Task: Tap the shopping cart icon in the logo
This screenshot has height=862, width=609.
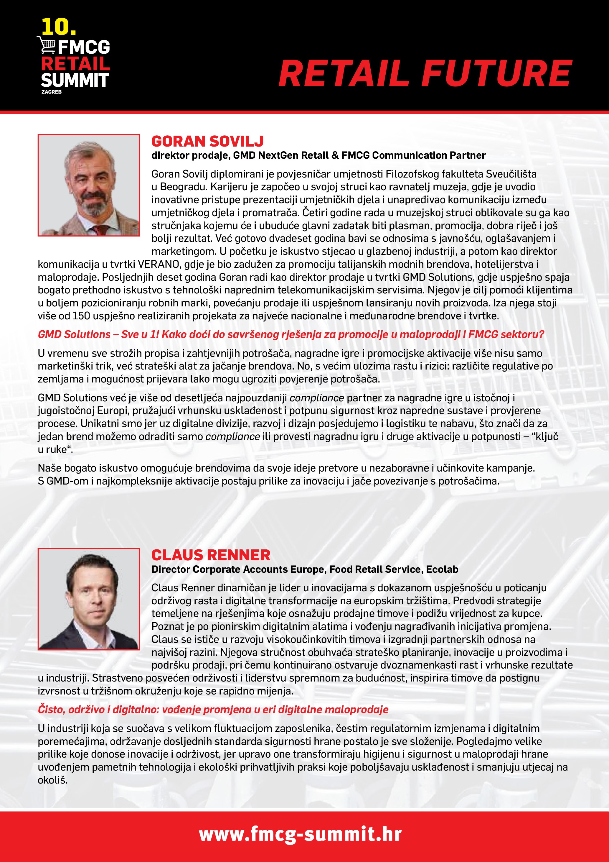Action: pos(47,45)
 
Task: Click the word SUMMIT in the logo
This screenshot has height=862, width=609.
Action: pos(75,80)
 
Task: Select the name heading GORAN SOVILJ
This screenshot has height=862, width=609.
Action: pos(207,141)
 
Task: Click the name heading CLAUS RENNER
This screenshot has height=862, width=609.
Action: pos(211,555)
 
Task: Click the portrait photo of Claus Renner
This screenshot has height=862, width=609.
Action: pos(89,599)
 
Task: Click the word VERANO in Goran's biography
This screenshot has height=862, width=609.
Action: pos(158,264)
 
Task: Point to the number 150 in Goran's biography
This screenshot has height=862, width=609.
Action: pos(81,316)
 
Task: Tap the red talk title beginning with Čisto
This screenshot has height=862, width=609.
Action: pos(213,710)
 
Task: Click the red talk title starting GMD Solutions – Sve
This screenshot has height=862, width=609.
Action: pos(291,334)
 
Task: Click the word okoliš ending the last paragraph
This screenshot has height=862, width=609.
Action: pos(52,780)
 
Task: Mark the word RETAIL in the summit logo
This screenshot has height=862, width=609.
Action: pos(75,63)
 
